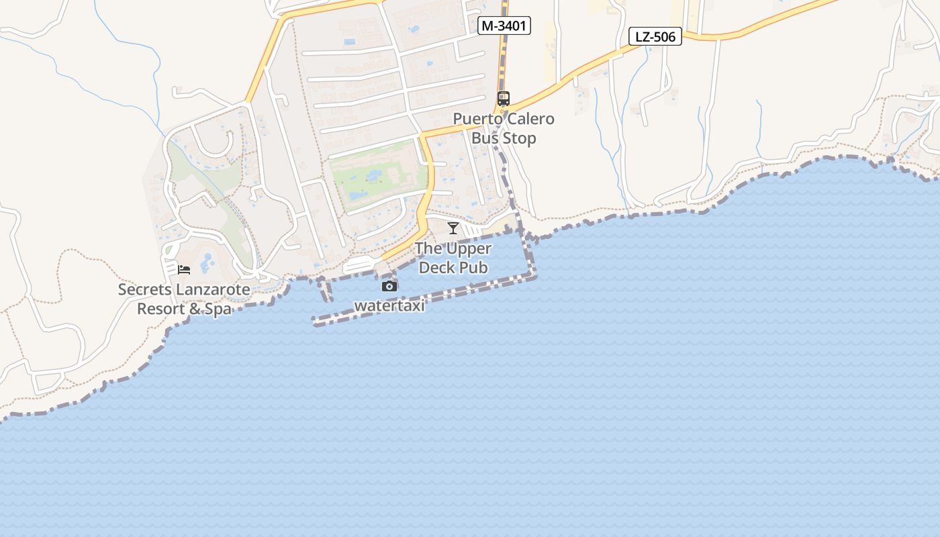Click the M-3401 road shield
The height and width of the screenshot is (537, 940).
pos(504,26)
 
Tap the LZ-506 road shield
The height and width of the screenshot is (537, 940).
pos(655,36)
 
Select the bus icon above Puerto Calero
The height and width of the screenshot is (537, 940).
pos(504,99)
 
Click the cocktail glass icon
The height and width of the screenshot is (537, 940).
pos(453,228)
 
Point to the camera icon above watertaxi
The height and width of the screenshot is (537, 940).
pos(389,287)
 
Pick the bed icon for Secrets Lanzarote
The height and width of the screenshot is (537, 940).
pos(184,270)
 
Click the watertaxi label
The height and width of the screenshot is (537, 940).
pos(389,306)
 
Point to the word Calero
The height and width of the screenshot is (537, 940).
pos(530,119)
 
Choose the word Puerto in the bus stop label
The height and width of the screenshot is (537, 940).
pos(477,119)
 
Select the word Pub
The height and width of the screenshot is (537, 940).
pos(475,268)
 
